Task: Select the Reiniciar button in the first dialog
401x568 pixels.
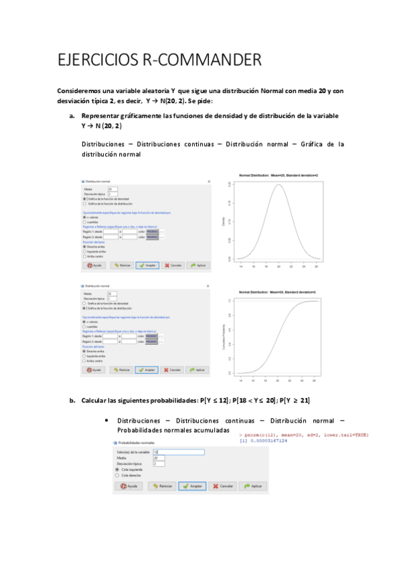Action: (121, 265)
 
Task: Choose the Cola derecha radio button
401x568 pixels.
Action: (118, 475)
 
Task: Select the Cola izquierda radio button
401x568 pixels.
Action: (118, 470)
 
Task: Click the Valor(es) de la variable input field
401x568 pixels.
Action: (178, 452)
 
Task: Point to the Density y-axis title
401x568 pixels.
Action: (233, 220)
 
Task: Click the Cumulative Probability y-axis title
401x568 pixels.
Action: (233, 336)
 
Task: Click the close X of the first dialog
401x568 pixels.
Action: (210, 182)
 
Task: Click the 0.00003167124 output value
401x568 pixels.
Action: (266, 441)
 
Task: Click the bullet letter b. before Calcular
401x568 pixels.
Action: (72, 401)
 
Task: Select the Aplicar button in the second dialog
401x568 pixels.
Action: (196, 369)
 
